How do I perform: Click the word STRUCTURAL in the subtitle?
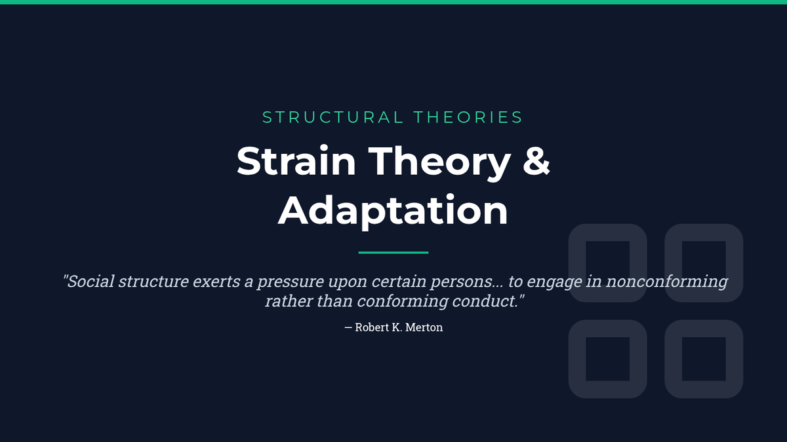pyautogui.click(x=333, y=117)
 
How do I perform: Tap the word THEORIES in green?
pyautogui.click(x=469, y=117)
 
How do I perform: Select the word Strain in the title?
pyautogui.click(x=296, y=160)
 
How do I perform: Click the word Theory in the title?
pyautogui.click(x=439, y=163)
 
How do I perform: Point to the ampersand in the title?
pyautogui.click(x=536, y=160)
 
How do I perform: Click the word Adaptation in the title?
pyautogui.click(x=393, y=210)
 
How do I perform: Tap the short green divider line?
pyautogui.click(x=393, y=253)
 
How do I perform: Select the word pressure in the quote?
pyautogui.click(x=290, y=282)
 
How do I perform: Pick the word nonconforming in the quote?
pyautogui.click(x=667, y=282)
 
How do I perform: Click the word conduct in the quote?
pyautogui.click(x=485, y=301)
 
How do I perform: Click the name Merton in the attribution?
pyautogui.click(x=424, y=327)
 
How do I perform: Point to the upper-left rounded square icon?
pyautogui.click(x=577, y=263)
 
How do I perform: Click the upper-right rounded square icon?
pyautogui.click(x=674, y=263)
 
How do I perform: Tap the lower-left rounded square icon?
pyautogui.click(x=577, y=359)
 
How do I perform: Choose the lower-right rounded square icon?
pyautogui.click(x=674, y=359)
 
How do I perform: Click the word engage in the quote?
pyautogui.click(x=554, y=282)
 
